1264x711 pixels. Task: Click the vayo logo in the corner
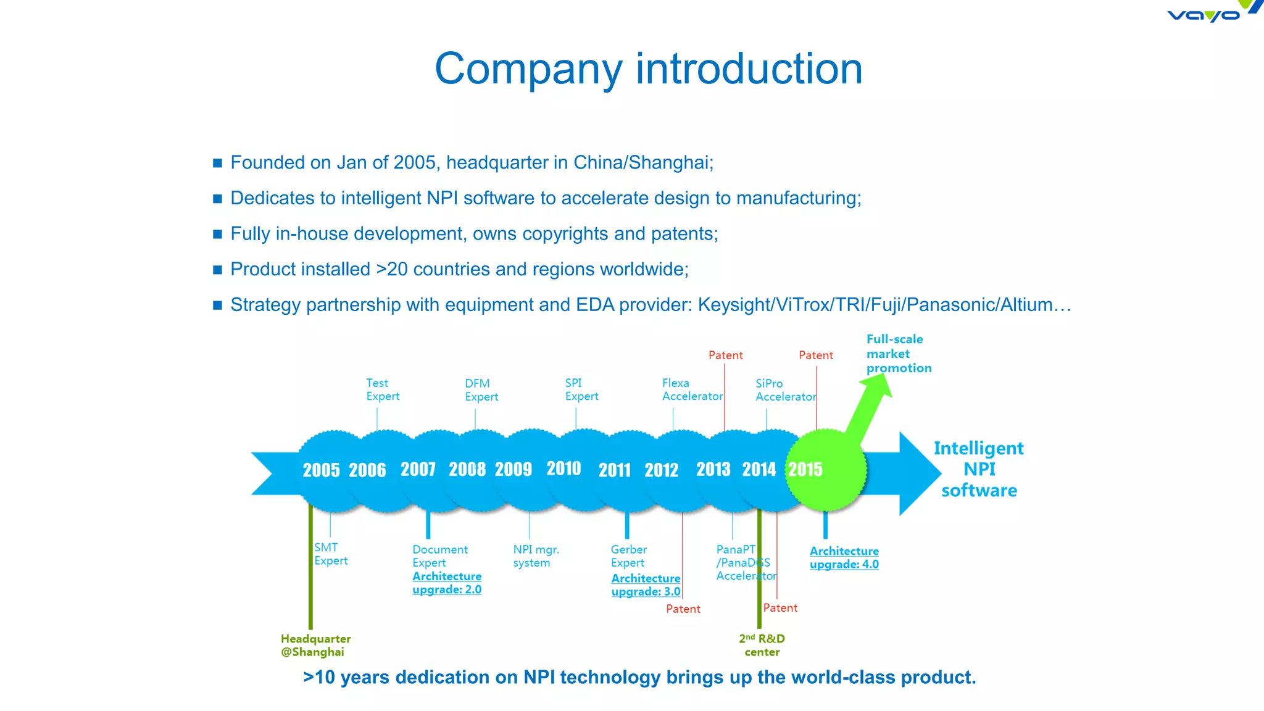point(1207,14)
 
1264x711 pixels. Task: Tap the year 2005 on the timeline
point(321,470)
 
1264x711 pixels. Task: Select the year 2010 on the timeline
point(563,468)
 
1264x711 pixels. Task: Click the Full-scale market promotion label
point(898,354)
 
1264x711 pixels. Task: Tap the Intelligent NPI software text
point(979,469)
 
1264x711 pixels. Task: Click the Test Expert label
point(382,389)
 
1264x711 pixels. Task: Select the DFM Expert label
point(481,390)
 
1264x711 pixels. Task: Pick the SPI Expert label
point(581,389)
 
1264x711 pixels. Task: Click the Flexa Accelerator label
point(691,389)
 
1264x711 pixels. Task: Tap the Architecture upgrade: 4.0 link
point(844,557)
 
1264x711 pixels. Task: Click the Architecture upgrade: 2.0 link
point(446,583)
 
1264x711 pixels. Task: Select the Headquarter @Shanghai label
point(315,645)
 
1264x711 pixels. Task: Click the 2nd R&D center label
point(762,645)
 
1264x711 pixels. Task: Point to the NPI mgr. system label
point(535,555)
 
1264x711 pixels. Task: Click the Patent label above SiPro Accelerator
point(815,355)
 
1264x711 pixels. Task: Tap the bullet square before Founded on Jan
point(217,163)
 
